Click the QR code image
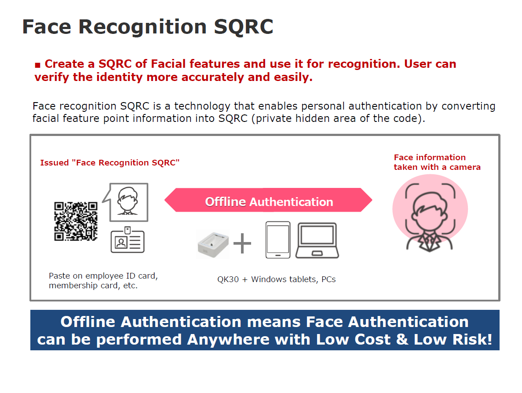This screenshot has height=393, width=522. (x=76, y=221)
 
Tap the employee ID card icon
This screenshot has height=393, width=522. (x=128, y=240)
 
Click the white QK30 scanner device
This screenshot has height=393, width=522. (x=213, y=243)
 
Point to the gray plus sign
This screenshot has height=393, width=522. (x=242, y=243)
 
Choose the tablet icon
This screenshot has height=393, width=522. (x=278, y=240)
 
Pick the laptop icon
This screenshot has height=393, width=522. (x=317, y=240)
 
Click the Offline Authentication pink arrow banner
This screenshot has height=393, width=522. (x=268, y=200)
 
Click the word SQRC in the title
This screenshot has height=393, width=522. (x=243, y=27)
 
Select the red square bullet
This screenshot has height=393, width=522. (x=38, y=65)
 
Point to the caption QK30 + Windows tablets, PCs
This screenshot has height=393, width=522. (x=276, y=279)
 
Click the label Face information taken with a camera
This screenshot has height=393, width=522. (x=437, y=162)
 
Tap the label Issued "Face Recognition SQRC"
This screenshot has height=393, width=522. (x=110, y=162)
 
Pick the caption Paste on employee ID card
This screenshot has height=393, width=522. (x=103, y=276)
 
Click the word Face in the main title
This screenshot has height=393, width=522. (x=47, y=27)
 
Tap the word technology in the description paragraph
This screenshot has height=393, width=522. (x=202, y=106)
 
